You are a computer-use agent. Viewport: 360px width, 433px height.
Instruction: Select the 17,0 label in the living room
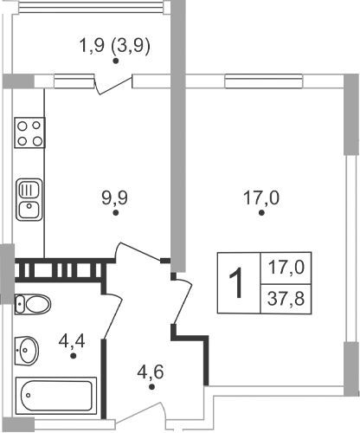click(260, 198)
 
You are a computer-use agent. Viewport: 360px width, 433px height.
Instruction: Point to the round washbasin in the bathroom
click(29, 350)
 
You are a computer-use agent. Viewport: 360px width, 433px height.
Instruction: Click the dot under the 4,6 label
click(152, 388)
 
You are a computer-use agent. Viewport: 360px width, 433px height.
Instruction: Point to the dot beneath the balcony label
click(115, 61)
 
